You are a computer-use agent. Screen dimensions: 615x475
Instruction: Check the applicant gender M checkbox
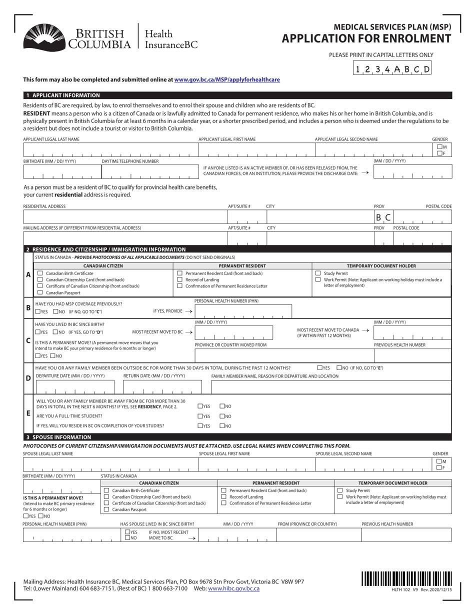pos(439,147)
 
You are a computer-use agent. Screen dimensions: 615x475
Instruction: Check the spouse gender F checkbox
pos(438,467)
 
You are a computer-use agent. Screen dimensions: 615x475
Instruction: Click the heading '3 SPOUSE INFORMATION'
pos(58,437)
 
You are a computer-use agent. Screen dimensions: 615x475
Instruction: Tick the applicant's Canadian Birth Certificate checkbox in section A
pos(40,273)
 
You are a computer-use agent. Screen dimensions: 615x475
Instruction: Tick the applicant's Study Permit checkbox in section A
pos(317,273)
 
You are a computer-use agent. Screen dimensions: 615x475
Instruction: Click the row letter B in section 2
pos(28,307)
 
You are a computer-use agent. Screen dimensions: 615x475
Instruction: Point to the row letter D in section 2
pos(28,378)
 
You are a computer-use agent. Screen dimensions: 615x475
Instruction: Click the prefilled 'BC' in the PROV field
pos(383,217)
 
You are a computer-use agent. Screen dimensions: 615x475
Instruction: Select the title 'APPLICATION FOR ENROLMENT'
pos(366,38)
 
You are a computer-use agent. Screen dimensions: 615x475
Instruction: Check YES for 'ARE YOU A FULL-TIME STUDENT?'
pos(200,416)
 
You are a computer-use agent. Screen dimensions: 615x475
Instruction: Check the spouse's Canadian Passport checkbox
pos(105,509)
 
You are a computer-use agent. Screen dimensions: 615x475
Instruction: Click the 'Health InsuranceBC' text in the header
pos(170,39)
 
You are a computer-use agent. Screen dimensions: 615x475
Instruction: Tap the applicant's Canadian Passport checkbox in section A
pos(40,292)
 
